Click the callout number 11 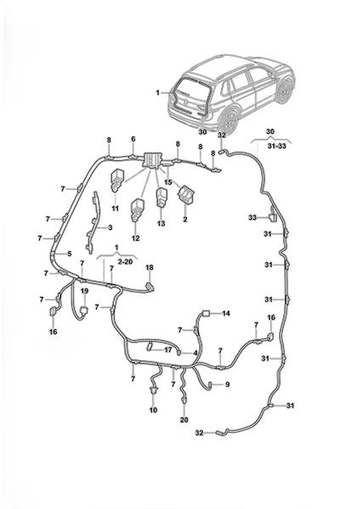tap(115, 208)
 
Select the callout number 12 tap(136, 238)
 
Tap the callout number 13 tap(161, 224)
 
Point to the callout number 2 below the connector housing tap(185, 220)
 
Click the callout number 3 tap(110, 227)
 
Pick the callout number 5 tap(70, 254)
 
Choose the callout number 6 tap(133, 139)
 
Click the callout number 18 tap(149, 267)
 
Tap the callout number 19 tap(84, 291)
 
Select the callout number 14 tap(226, 313)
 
